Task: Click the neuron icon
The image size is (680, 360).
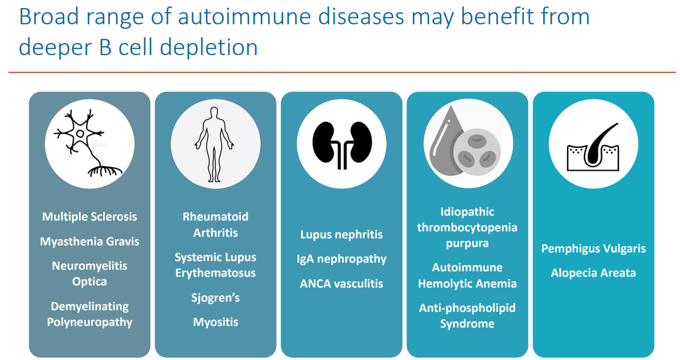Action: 90,143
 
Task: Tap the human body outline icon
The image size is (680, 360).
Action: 215,144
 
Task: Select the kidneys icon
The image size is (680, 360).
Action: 341,144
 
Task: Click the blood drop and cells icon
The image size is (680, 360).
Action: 467,144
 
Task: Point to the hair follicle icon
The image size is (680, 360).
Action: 593,144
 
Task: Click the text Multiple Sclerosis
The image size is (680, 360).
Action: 90,217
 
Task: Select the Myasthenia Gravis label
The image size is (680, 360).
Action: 90,242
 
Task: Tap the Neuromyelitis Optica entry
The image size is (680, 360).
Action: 90,274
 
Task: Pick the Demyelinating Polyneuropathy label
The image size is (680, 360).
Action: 90,314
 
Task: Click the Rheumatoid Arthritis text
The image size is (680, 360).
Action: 215,225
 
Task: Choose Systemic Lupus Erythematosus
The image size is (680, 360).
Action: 215,265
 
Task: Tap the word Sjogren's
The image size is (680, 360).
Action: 215,298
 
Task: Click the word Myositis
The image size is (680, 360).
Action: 215,322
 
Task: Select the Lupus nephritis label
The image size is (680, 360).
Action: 341,235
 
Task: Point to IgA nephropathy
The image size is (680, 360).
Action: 341,259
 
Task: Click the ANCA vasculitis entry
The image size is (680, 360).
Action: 341,283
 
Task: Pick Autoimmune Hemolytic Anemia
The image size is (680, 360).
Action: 467,275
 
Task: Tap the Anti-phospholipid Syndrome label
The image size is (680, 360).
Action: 467,316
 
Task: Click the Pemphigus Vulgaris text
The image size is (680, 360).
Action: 593,249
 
